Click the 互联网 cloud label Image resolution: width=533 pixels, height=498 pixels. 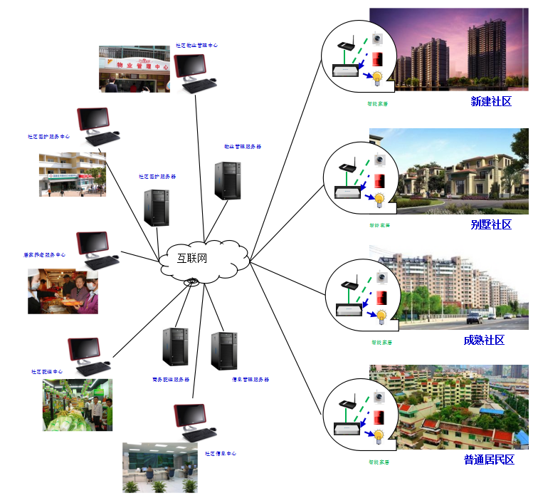[191, 257]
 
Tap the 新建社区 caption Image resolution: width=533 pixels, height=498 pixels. [491, 102]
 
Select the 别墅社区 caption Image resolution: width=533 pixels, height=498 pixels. [491, 224]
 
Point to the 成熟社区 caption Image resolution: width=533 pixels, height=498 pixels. [484, 340]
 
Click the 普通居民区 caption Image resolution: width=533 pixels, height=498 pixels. [488, 460]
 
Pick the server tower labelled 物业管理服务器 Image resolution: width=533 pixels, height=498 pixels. [227, 180]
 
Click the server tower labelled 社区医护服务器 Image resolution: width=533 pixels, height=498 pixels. [157, 207]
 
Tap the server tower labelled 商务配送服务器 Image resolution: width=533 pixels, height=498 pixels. [175, 347]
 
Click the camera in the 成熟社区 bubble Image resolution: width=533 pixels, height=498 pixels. [382, 277]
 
